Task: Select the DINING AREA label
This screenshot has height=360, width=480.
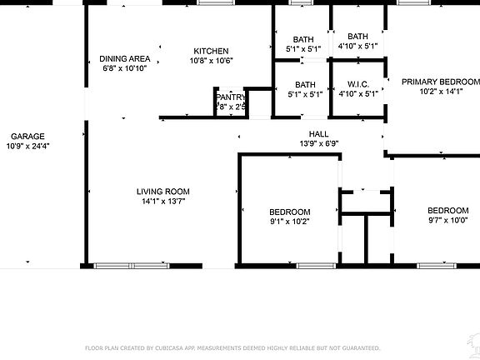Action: [125, 58]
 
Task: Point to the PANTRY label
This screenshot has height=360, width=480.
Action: [229, 97]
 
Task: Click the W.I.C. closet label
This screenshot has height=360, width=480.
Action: [358, 84]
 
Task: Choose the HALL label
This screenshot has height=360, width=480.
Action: [318, 133]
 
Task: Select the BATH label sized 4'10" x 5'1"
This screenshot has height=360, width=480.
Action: [358, 36]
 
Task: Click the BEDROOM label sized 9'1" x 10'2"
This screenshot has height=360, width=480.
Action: [290, 212]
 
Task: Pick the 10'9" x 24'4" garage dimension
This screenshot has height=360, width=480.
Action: [27, 147]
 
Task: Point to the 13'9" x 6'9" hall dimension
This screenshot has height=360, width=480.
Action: [318, 143]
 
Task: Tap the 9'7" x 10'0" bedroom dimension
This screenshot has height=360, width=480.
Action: [448, 221]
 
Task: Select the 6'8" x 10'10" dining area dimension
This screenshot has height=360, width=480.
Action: [125, 68]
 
